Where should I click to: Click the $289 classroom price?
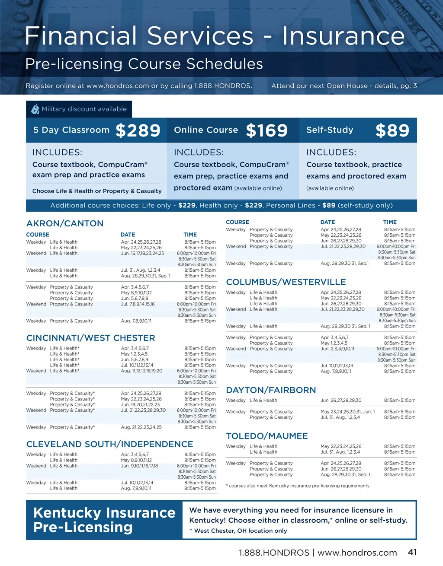click(x=138, y=130)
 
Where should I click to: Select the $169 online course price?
click(x=266, y=130)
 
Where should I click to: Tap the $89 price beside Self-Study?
click(x=392, y=130)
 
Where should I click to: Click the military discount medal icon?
click(x=35, y=109)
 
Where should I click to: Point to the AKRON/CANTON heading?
click(x=65, y=223)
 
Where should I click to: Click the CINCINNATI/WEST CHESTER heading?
click(x=90, y=338)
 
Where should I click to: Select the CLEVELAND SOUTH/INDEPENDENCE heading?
click(x=109, y=444)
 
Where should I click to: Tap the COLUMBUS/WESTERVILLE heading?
click(x=286, y=282)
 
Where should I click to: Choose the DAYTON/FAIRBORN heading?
click(x=271, y=390)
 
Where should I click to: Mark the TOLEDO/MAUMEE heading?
click(x=267, y=436)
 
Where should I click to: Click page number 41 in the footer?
click(x=412, y=552)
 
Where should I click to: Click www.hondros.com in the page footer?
click(x=357, y=553)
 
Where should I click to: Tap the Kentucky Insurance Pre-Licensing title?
click(x=104, y=520)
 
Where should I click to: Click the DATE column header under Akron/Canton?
click(x=128, y=235)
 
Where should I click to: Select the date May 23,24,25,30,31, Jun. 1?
click(x=347, y=412)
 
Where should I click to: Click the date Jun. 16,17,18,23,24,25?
click(x=142, y=253)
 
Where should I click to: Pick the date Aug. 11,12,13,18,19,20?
click(x=141, y=371)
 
